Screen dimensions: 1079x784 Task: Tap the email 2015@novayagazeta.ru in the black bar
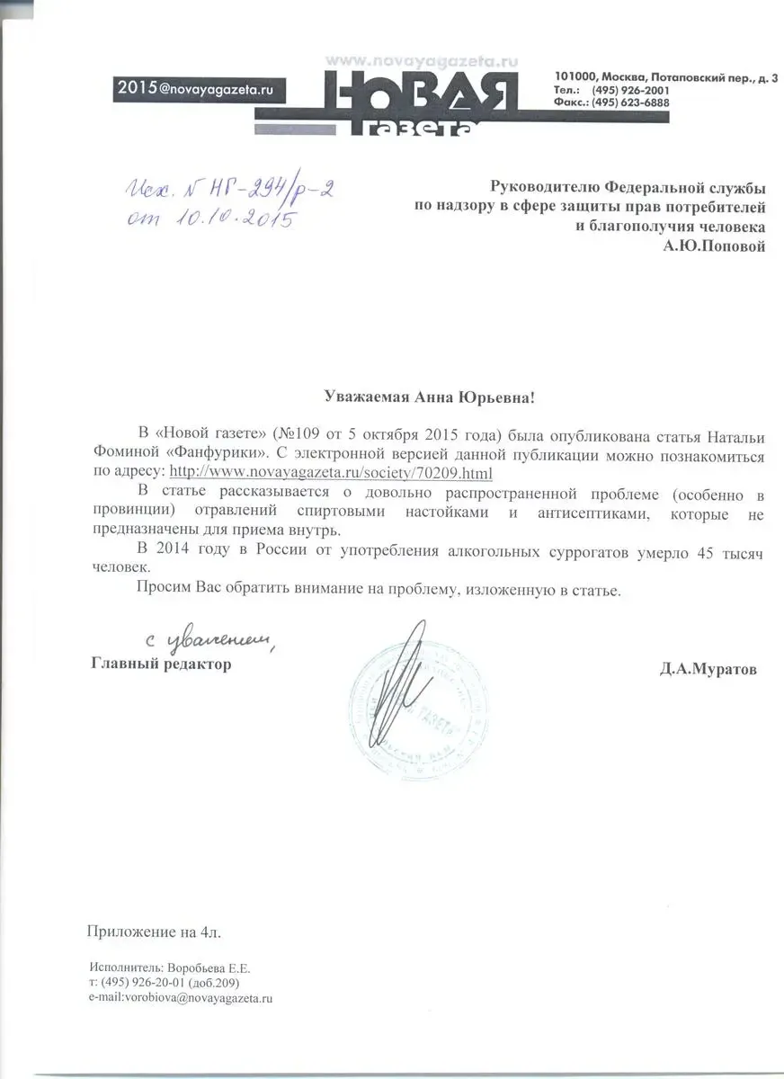pyautogui.click(x=195, y=87)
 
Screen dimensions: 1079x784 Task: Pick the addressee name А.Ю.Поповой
pyautogui.click(x=714, y=246)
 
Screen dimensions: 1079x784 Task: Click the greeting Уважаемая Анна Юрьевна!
pyautogui.click(x=433, y=397)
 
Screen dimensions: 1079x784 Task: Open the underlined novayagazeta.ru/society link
pyautogui.click(x=332, y=472)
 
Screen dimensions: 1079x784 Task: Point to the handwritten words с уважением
pyautogui.click(x=209, y=638)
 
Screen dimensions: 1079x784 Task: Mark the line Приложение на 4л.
pyautogui.click(x=152, y=931)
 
